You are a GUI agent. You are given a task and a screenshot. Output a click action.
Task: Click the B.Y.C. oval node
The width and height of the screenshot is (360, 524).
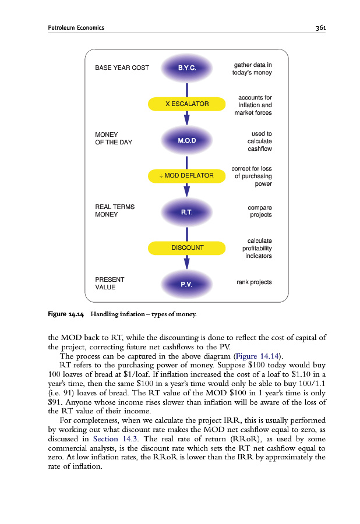pyautogui.click(x=186, y=68)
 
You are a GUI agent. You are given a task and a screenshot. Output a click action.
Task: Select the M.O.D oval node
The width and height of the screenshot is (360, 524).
pyautogui.click(x=186, y=141)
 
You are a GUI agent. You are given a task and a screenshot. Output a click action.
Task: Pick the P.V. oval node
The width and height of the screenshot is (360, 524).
pyautogui.click(x=186, y=284)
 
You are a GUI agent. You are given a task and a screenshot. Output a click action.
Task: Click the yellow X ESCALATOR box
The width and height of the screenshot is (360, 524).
pyautogui.click(x=186, y=104)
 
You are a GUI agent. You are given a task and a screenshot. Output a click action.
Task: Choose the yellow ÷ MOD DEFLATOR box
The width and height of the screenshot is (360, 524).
pyautogui.click(x=186, y=175)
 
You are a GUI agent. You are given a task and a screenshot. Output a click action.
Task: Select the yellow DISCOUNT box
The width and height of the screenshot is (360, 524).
pyautogui.click(x=186, y=247)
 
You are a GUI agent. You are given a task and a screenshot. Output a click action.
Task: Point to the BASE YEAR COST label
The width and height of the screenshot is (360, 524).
pyautogui.click(x=122, y=68)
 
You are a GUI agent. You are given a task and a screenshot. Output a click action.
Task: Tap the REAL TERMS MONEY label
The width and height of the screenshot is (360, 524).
pyautogui.click(x=114, y=210)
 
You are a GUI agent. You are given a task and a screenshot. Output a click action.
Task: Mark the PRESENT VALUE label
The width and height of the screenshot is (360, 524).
pyautogui.click(x=109, y=283)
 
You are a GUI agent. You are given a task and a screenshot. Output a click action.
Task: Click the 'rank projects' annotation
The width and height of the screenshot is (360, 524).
pyautogui.click(x=254, y=282)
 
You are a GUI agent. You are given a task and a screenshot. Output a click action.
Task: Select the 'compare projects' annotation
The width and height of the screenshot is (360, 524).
pyautogui.click(x=259, y=211)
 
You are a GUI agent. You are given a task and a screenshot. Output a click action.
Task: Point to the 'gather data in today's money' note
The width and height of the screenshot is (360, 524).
pyautogui.click(x=252, y=68)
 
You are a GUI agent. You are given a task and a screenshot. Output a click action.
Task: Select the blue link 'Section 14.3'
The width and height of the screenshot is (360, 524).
pyautogui.click(x=115, y=439)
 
